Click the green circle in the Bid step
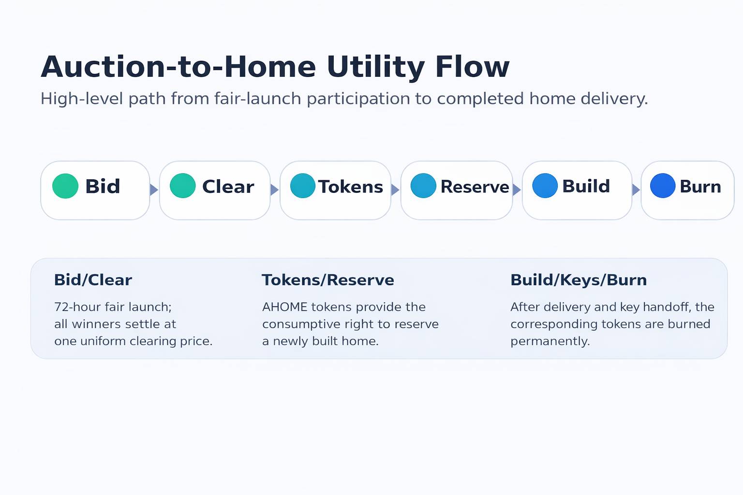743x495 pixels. pos(65,186)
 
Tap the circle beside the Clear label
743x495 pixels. pos(183,186)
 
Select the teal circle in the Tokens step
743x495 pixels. pos(303,186)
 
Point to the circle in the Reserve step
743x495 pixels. pos(423,186)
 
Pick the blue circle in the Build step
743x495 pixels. pos(545,186)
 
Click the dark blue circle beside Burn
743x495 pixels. pos(663,186)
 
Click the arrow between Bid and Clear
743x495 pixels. pos(154,190)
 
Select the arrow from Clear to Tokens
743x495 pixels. pos(274,190)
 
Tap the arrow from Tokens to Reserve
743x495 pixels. pos(395,190)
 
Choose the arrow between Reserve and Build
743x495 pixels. pos(517,190)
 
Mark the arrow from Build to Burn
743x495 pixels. pos(636,190)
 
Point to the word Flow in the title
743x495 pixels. pos(472,67)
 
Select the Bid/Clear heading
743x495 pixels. pos(93,280)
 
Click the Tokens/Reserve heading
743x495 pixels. pos(328,280)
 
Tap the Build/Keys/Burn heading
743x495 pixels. pos(579,280)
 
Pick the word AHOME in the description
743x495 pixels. pos(284,307)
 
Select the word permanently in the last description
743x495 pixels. pos(550,341)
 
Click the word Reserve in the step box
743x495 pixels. pos(475,187)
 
